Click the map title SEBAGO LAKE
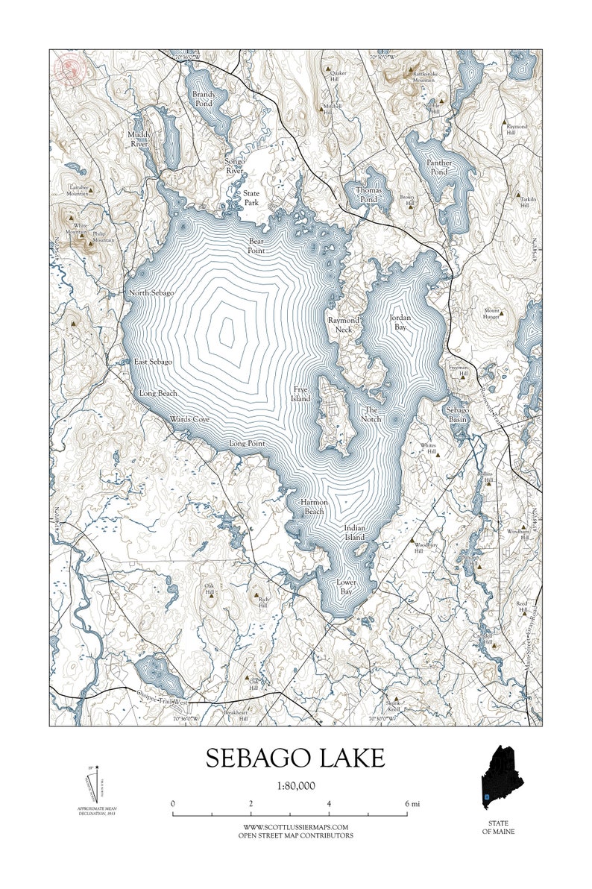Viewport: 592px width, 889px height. [295, 758]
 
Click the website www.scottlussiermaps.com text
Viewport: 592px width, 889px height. [296, 827]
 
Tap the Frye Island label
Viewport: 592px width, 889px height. [300, 394]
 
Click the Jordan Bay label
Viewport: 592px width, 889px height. [399, 321]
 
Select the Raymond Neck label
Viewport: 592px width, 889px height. [344, 324]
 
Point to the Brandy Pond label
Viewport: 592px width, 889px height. [203, 99]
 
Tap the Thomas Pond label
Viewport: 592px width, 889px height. [368, 195]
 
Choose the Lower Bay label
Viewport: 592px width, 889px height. [345, 586]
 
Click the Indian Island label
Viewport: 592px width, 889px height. [354, 533]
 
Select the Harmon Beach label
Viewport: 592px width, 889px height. [313, 507]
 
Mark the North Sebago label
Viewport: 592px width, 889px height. [151, 293]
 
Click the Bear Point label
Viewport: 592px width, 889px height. [256, 247]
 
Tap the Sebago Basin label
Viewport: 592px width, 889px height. [457, 415]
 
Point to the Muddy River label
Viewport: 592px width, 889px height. [139, 139]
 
